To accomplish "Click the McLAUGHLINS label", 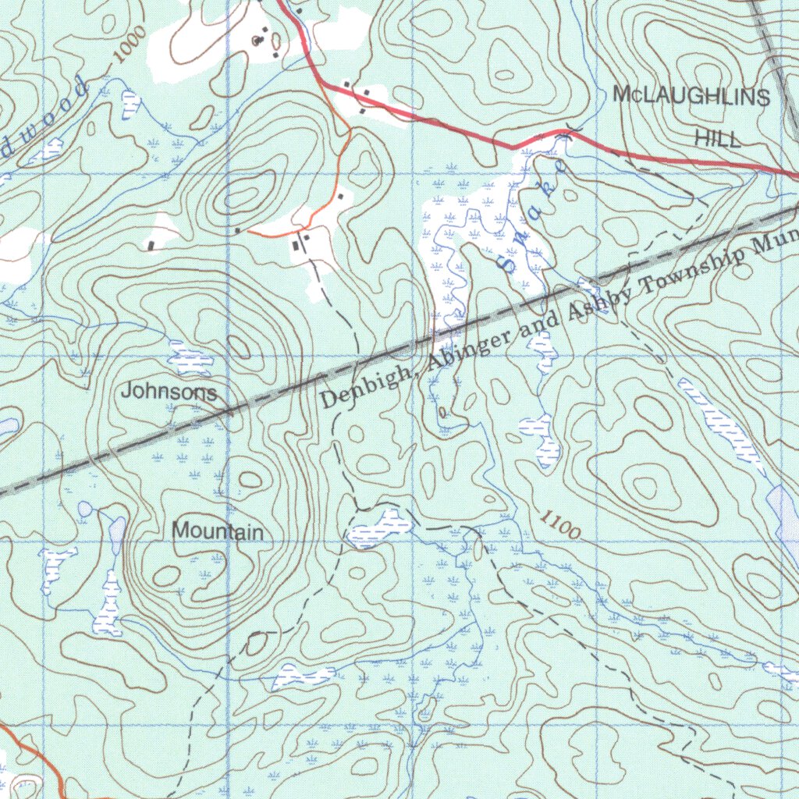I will coord(691,97).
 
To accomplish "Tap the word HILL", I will coord(717,139).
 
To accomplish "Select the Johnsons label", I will coord(169,392).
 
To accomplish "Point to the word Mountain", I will coord(218,531).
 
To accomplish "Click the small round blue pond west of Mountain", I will coord(84,510).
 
